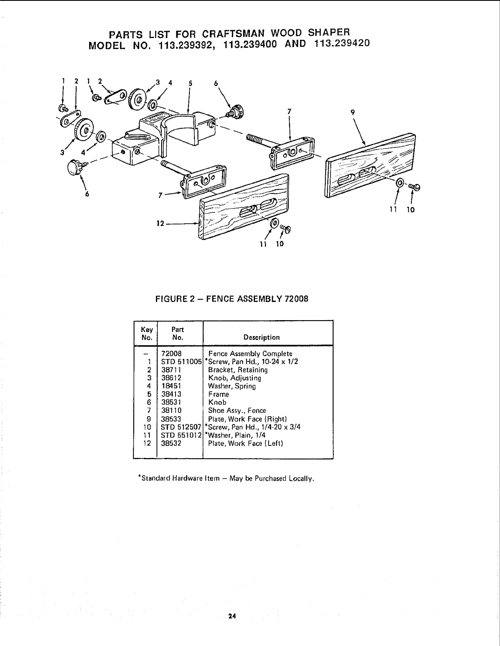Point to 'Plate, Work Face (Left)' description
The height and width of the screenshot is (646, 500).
coord(245,443)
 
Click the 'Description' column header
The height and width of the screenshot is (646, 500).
coord(261,337)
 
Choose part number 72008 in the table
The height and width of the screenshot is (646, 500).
coord(171,354)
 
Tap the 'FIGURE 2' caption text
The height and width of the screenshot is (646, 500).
coord(172,298)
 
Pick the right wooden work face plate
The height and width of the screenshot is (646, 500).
coord(370,165)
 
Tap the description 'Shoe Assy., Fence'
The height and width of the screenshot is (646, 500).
coord(237,410)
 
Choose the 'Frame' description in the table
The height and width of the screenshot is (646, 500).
coord(218,394)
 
